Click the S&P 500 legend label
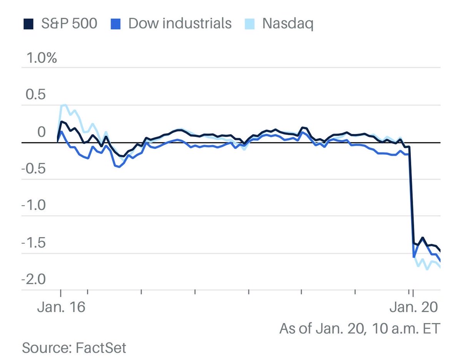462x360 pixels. coord(69,23)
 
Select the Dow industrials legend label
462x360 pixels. coord(180,23)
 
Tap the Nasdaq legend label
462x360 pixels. coord(288,23)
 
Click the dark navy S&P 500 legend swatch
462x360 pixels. coord(27,24)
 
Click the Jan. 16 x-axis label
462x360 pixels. coord(60,308)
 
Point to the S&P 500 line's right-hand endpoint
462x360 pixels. coord(440,251)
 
